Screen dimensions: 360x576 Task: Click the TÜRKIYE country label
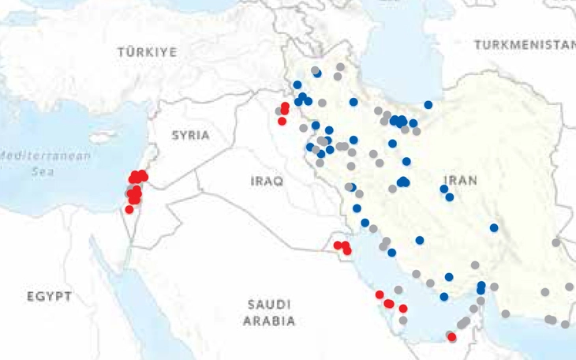click(147, 52)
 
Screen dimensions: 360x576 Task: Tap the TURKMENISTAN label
click(525, 44)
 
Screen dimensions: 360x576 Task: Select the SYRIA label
click(191, 135)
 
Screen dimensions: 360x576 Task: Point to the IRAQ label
click(266, 181)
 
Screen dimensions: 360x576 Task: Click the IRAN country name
click(460, 180)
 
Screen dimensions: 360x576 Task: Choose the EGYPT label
click(49, 297)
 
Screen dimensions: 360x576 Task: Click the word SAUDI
click(269, 304)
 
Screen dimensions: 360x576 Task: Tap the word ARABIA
click(269, 321)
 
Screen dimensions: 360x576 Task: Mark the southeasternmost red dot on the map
click(452, 337)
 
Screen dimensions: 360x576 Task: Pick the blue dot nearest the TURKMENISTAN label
click(428, 104)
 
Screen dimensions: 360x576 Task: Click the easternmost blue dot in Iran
click(494, 227)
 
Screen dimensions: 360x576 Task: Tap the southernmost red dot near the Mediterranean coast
click(129, 209)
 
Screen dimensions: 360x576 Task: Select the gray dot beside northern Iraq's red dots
click(279, 112)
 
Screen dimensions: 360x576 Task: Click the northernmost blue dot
click(317, 73)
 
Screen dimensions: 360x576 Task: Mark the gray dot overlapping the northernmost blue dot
click(314, 70)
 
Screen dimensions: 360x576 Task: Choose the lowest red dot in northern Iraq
click(282, 121)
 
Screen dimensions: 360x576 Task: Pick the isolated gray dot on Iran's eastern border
click(555, 242)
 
